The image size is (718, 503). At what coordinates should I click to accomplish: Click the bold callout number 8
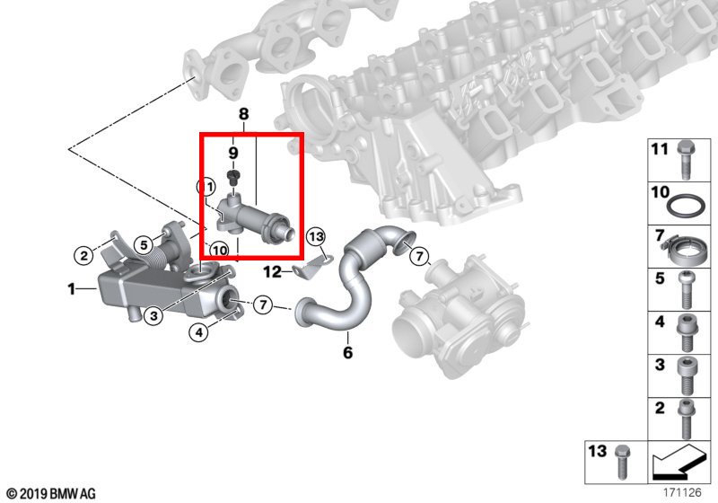pos(243,114)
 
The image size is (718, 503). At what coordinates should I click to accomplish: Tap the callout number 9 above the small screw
pos(233,153)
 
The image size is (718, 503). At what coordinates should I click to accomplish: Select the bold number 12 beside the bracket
pos(272,271)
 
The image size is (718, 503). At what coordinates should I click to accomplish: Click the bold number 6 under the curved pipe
pos(348,352)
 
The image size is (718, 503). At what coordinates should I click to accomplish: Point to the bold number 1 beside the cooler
pos(72,289)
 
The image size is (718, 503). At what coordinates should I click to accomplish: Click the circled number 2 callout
pos(83,255)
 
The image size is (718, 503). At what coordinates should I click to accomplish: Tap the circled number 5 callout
pos(144,245)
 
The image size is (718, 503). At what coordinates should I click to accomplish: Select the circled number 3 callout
pos(153,315)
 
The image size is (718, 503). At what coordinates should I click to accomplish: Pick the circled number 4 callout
pos(198,332)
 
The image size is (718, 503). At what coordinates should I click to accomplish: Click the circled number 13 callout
pos(316,236)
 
